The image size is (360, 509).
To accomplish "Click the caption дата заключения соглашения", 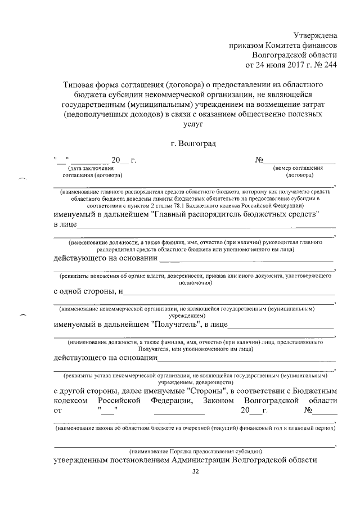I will click(90, 171).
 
